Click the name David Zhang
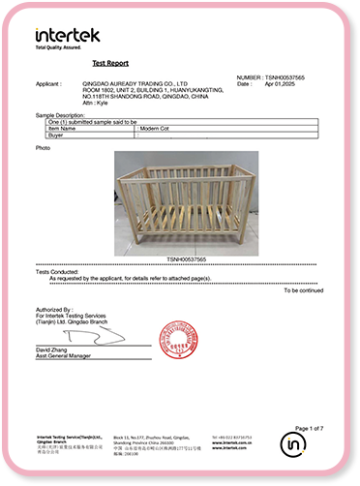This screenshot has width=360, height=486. pyautogui.click(x=54, y=349)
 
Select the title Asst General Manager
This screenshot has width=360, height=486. pyautogui.click(x=66, y=356)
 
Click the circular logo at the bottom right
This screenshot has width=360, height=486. pyautogui.click(x=293, y=444)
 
